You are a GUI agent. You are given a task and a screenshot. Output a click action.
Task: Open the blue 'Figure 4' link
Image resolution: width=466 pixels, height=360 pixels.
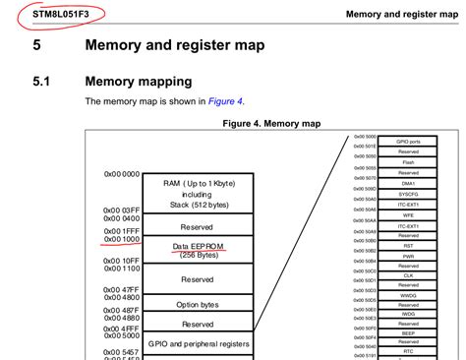point(224,101)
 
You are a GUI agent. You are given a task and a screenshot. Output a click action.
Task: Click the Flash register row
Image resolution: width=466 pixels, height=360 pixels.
point(408,162)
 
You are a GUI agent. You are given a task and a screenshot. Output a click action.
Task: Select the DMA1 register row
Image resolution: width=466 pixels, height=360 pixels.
point(408,183)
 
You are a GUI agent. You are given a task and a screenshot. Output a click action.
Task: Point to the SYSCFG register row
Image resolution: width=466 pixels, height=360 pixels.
point(408,194)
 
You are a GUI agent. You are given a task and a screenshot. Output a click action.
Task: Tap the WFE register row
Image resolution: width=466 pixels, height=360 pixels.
point(408,214)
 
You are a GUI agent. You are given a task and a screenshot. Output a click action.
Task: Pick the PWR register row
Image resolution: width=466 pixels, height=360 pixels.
point(408,257)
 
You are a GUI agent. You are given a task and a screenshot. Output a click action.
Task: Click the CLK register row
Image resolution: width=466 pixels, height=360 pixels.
point(408,277)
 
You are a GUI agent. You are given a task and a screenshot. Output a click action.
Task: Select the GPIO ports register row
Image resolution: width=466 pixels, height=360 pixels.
point(408,142)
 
